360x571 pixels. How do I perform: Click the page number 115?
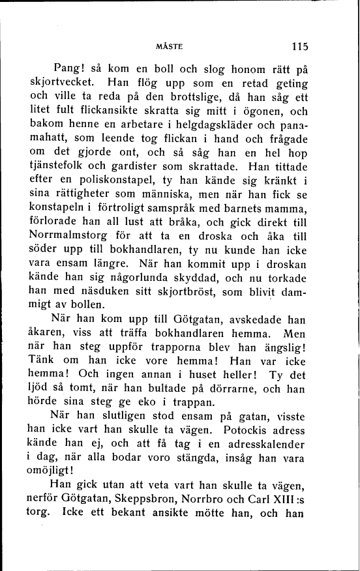tap(299, 46)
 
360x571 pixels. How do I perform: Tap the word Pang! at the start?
tap(70, 70)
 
